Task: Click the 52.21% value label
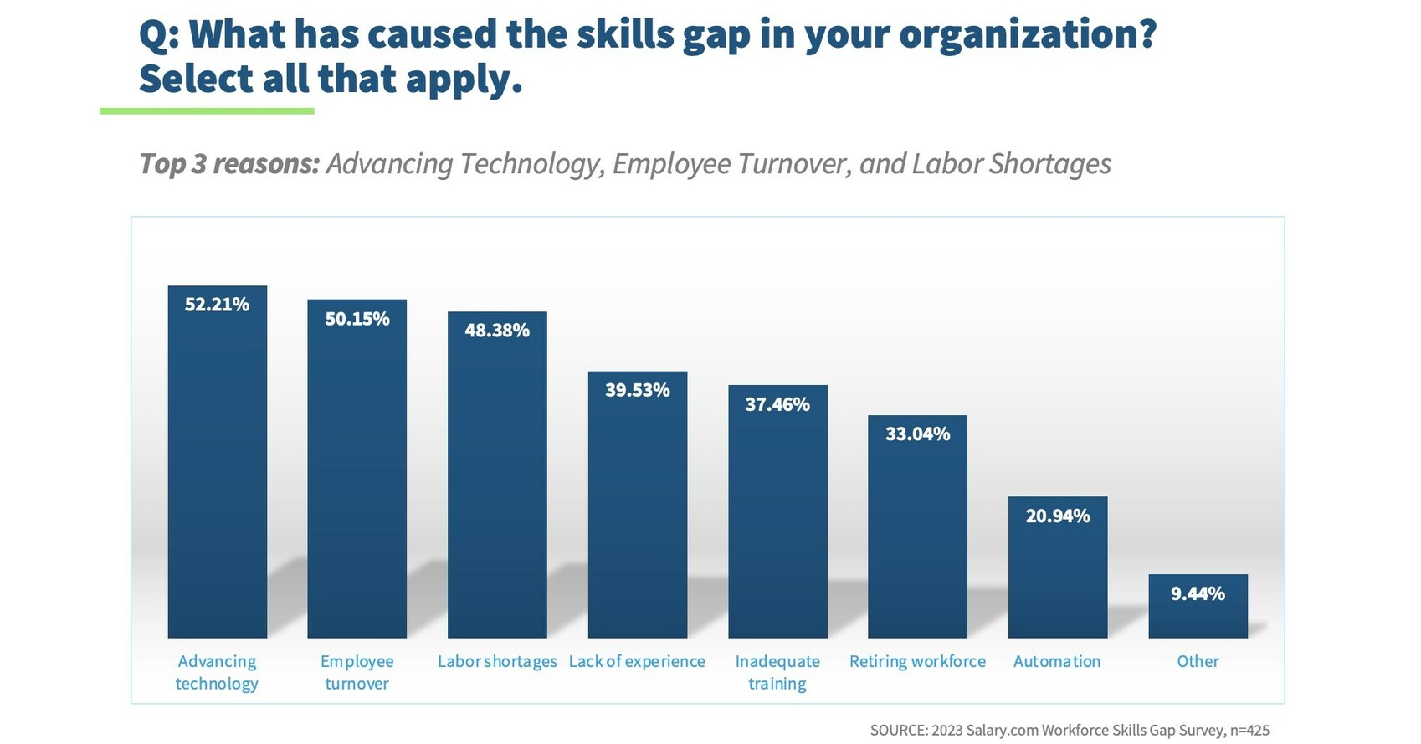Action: point(217,305)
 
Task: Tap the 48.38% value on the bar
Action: point(497,331)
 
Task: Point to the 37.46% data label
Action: point(777,405)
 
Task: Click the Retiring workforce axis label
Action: point(917,661)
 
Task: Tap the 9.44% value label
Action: point(1198,594)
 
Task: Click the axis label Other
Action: point(1198,661)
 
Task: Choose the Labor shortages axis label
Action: point(497,661)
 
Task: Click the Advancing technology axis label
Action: point(217,672)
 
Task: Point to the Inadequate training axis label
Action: point(777,672)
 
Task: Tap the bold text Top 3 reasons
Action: point(229,163)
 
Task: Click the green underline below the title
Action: point(207,111)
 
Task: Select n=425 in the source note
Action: point(1249,731)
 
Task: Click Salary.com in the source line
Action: point(1002,731)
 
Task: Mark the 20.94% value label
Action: point(1058,516)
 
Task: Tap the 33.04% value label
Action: point(917,434)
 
